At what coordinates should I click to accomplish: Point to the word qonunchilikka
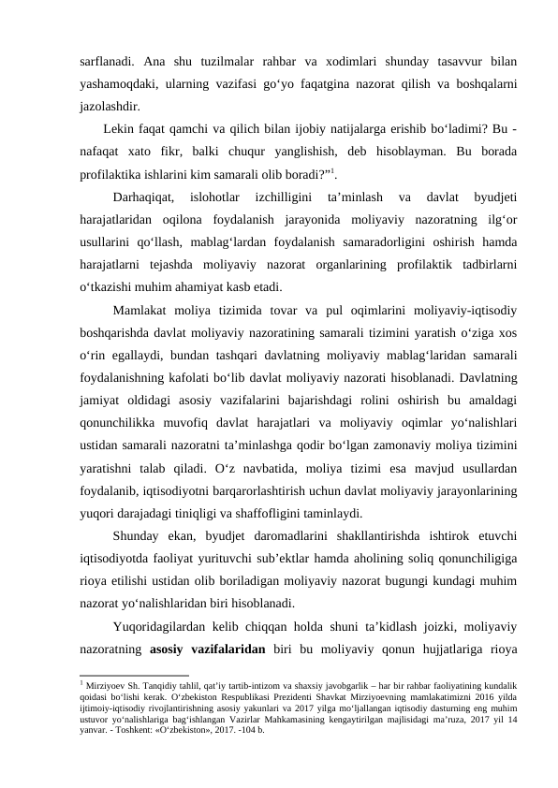pyautogui.click(x=123, y=422)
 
